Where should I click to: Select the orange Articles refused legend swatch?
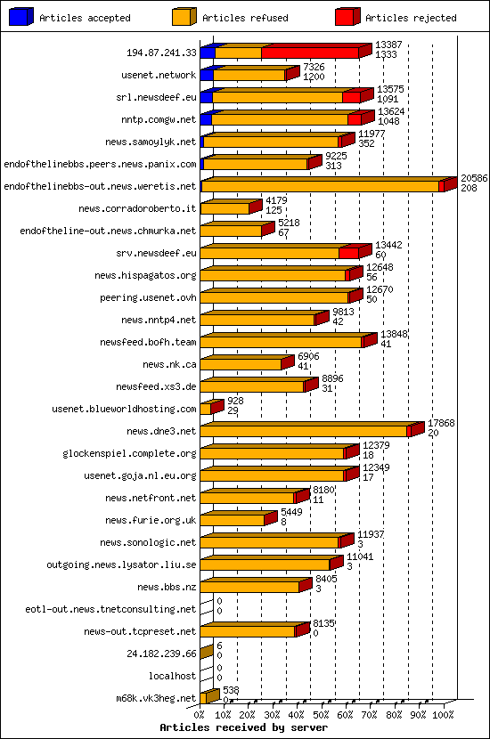184,17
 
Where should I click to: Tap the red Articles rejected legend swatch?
347,17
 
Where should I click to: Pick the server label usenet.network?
159,75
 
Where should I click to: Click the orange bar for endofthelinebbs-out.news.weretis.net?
321,186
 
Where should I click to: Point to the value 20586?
474,178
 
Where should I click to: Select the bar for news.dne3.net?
303,431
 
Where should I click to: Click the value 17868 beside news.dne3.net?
441,423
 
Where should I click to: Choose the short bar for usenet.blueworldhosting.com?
206,409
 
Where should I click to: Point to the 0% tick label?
200,713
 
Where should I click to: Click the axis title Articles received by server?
237,727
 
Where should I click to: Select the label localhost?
172,676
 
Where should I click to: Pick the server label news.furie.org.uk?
150,520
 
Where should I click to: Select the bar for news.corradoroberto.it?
225,208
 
